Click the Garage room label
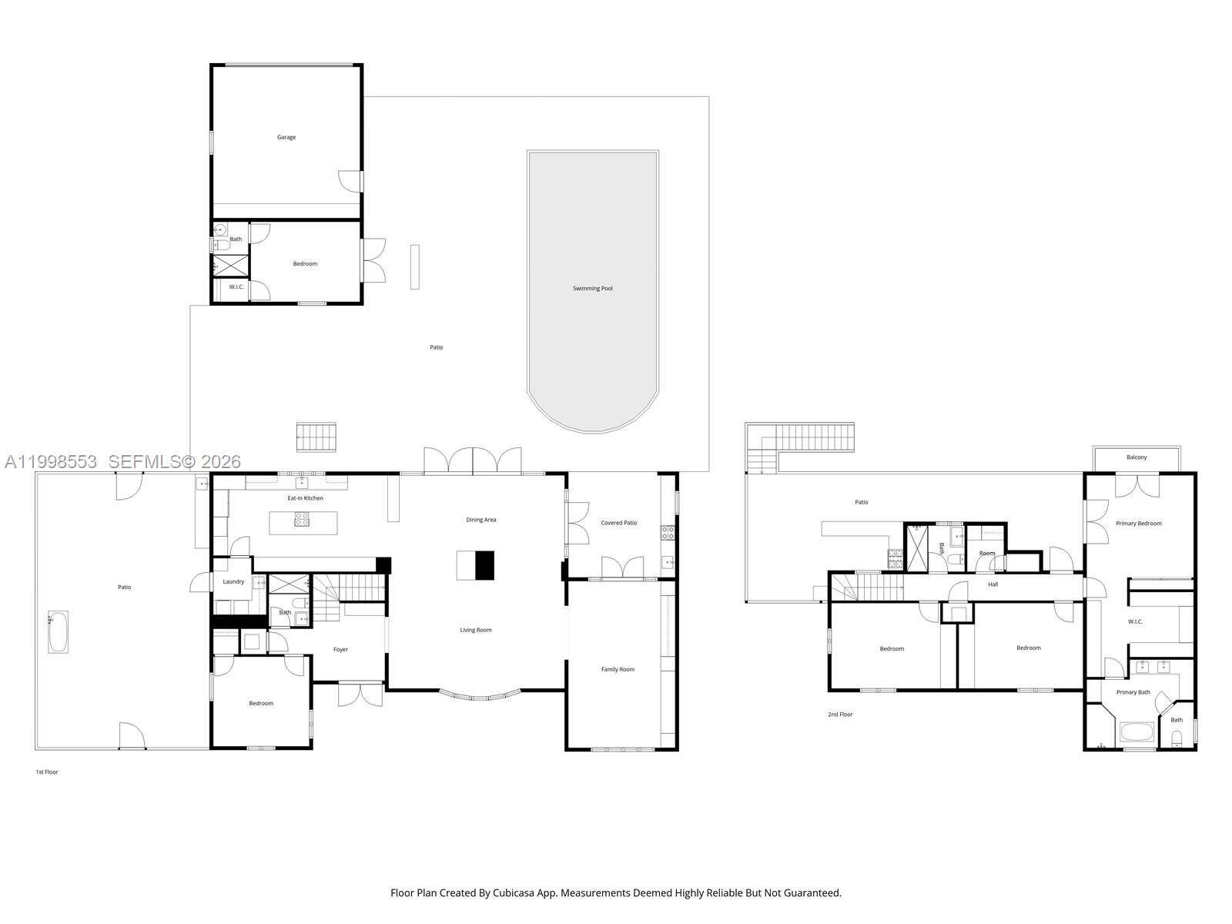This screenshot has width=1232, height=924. (286, 137)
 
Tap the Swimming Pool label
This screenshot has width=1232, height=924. (592, 289)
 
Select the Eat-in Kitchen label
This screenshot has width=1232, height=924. (305, 498)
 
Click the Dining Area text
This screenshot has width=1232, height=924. (480, 520)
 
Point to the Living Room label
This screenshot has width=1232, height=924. (476, 630)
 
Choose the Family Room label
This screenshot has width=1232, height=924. (618, 669)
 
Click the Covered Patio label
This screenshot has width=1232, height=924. (618, 523)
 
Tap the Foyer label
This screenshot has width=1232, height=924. (340, 649)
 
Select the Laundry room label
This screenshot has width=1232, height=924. (233, 581)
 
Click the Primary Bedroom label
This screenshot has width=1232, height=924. (1138, 524)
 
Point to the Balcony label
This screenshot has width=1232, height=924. (1137, 457)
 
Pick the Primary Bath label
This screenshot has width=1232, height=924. (1133, 692)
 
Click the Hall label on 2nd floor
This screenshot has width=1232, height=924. (993, 584)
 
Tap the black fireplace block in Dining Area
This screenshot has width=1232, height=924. (484, 565)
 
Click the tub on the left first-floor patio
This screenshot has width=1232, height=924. (58, 632)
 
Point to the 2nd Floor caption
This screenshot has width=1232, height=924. (840, 715)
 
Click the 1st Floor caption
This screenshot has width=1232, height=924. (47, 772)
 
